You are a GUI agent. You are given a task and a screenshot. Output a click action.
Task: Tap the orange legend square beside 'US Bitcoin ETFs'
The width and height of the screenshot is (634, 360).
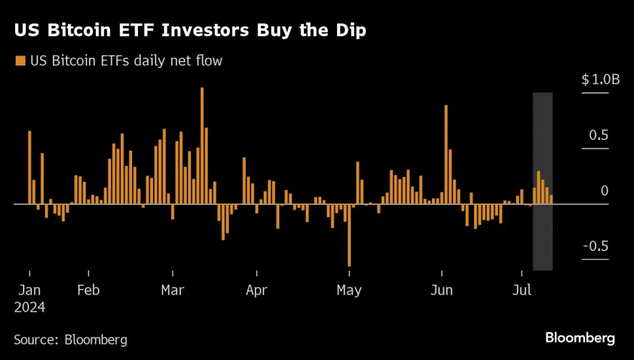(19, 61)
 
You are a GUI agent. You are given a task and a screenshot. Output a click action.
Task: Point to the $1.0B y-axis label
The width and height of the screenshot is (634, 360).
(600, 80)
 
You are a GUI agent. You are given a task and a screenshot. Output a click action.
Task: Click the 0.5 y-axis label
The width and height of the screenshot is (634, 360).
(599, 135)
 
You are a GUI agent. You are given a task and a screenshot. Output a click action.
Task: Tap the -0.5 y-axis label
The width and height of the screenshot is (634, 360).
(597, 246)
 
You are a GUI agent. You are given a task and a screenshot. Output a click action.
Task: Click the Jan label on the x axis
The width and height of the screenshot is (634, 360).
(30, 290)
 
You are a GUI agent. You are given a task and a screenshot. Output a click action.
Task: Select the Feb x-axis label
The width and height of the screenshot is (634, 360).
(88, 290)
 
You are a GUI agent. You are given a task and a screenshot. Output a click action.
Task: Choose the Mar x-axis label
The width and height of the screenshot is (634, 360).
(172, 290)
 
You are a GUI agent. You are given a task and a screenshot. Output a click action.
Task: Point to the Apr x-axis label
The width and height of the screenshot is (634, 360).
(256, 290)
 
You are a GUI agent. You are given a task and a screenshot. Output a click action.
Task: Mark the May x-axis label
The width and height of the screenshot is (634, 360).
(349, 290)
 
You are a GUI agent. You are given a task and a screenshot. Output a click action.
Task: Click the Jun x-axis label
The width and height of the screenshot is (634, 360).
(441, 290)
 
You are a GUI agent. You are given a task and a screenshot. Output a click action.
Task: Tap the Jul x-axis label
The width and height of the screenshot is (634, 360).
(522, 290)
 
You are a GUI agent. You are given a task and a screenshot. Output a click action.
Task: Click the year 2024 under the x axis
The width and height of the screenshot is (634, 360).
(30, 307)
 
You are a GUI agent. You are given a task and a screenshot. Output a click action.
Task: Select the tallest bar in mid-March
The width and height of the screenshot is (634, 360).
(202, 145)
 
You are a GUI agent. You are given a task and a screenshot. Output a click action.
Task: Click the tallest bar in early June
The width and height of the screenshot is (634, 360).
(446, 155)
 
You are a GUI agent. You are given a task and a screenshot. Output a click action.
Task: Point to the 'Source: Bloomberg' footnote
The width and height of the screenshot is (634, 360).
(71, 340)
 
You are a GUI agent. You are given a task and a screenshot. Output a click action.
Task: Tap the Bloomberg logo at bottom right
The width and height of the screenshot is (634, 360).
(580, 338)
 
